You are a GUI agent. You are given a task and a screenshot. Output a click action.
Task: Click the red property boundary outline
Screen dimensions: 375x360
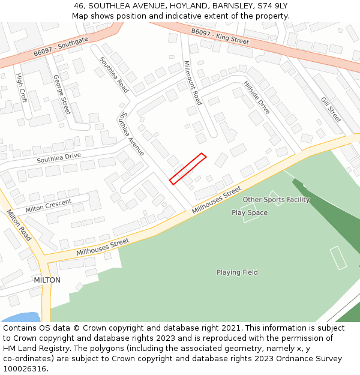[x=188, y=169]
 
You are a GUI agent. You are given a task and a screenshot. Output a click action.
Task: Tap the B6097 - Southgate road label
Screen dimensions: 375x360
[x=61, y=46]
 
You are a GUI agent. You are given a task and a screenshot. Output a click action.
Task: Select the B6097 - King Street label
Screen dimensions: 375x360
[x=220, y=36]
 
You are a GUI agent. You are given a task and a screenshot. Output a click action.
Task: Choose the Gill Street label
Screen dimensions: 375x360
[x=331, y=110]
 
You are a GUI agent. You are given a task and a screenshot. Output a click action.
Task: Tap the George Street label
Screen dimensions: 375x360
[x=62, y=94]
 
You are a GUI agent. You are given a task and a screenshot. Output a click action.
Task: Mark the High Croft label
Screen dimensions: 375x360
[x=22, y=88]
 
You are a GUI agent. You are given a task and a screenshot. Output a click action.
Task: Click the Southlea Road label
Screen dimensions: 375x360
[x=114, y=74]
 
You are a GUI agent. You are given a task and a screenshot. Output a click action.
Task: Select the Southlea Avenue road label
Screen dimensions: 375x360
[x=132, y=133]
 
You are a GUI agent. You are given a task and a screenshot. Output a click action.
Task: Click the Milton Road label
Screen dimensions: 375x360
[x=19, y=225]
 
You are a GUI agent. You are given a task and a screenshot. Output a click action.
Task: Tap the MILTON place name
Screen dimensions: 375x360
[x=47, y=280]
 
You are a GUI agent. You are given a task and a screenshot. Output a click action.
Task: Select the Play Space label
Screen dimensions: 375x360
[x=250, y=212]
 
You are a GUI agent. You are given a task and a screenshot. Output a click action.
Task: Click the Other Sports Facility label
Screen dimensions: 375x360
[x=276, y=199]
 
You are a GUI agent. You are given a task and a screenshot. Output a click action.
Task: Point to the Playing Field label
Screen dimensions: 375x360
[x=237, y=272]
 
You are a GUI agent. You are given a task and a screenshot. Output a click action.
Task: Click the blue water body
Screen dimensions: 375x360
[x=21, y=317]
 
